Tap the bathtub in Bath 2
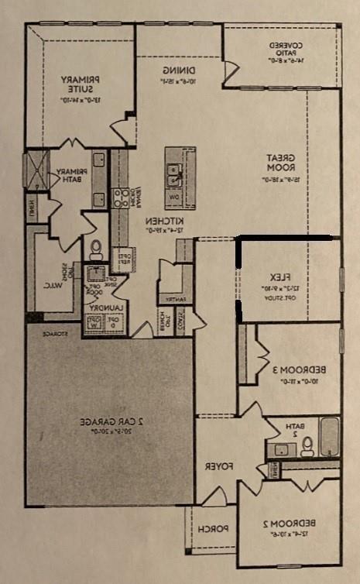click(x=329, y=438)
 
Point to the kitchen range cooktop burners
click(x=121, y=197)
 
